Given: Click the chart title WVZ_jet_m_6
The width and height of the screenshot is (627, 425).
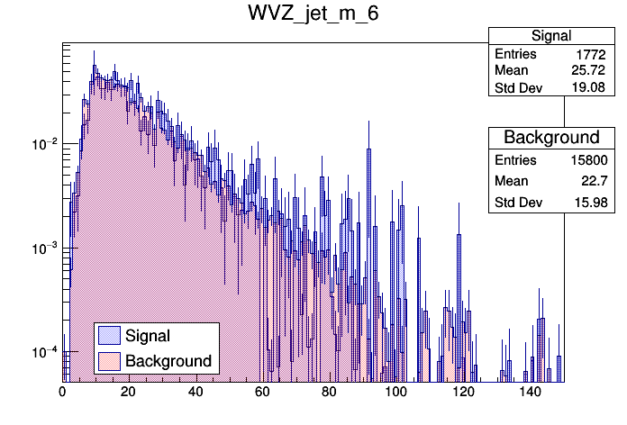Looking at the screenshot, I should [313, 15].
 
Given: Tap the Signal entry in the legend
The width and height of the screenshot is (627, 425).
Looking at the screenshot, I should [148, 336].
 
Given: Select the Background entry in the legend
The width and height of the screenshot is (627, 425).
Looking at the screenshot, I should [168, 361].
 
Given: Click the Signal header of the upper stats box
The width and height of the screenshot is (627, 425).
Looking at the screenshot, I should [551, 36].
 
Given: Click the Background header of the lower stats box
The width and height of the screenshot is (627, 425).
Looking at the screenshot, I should [551, 138].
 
